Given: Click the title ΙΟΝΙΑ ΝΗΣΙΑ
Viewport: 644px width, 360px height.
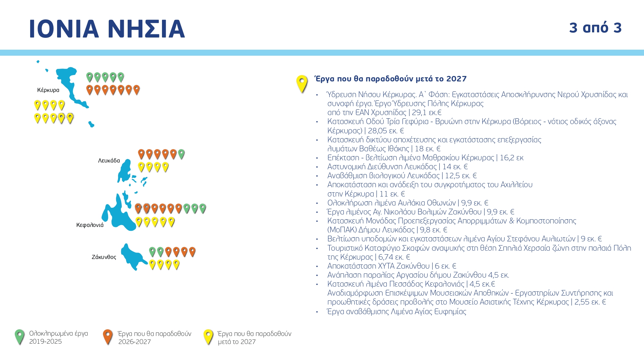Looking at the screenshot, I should click(x=107, y=29).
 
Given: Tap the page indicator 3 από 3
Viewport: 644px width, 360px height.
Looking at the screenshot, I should click(x=595, y=28).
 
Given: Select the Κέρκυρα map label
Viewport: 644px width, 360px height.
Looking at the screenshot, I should click(x=48, y=90).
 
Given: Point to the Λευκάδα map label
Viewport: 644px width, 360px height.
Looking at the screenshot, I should click(x=109, y=161).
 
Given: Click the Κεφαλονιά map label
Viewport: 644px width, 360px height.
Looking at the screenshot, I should click(x=90, y=225).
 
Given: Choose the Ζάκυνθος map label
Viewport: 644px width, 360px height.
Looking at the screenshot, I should click(x=104, y=257).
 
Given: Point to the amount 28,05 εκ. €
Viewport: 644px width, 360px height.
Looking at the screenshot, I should click(x=386, y=131).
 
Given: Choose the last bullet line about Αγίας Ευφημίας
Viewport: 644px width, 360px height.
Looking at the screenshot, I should click(x=396, y=312).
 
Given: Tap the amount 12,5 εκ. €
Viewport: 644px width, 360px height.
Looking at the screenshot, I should click(x=461, y=176).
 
